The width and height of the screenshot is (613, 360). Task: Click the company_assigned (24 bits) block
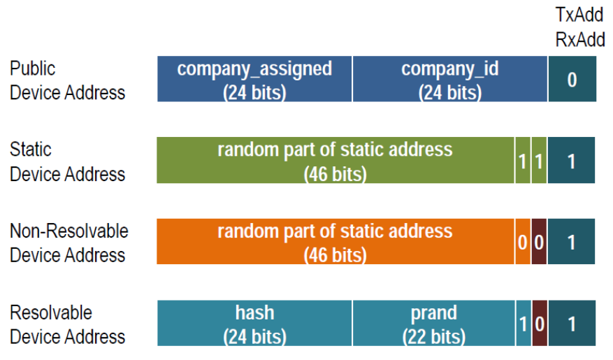pyautogui.click(x=254, y=80)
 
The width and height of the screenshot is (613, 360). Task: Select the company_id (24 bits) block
pyautogui.click(x=450, y=80)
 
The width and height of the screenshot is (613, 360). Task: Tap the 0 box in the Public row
pyautogui.click(x=572, y=80)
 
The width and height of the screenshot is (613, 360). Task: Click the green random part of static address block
pyautogui.click(x=336, y=161)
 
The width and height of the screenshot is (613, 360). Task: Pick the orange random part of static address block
pyautogui.click(x=336, y=242)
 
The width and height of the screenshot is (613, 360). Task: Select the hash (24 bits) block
pyautogui.click(x=254, y=323)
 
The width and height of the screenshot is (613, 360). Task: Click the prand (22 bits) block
pyautogui.click(x=434, y=323)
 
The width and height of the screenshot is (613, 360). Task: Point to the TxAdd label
pyautogui.click(x=579, y=16)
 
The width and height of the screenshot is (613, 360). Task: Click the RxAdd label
pyautogui.click(x=579, y=40)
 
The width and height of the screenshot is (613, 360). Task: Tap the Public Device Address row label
pyautogui.click(x=67, y=80)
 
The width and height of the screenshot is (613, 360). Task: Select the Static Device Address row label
pyautogui.click(x=67, y=161)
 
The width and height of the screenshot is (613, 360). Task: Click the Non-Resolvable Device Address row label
pyautogui.click(x=69, y=243)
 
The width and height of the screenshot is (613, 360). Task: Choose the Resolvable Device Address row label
pyautogui.click(x=67, y=324)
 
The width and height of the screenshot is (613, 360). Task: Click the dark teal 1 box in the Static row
pyautogui.click(x=571, y=161)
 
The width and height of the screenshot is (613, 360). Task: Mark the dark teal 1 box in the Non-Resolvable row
pyautogui.click(x=571, y=242)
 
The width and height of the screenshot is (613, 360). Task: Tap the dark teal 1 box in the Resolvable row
pyautogui.click(x=571, y=323)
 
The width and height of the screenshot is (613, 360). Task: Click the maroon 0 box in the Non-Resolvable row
pyautogui.click(x=539, y=242)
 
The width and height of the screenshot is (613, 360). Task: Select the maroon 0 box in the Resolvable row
pyautogui.click(x=539, y=323)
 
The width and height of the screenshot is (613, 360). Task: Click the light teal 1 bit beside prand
pyautogui.click(x=524, y=323)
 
